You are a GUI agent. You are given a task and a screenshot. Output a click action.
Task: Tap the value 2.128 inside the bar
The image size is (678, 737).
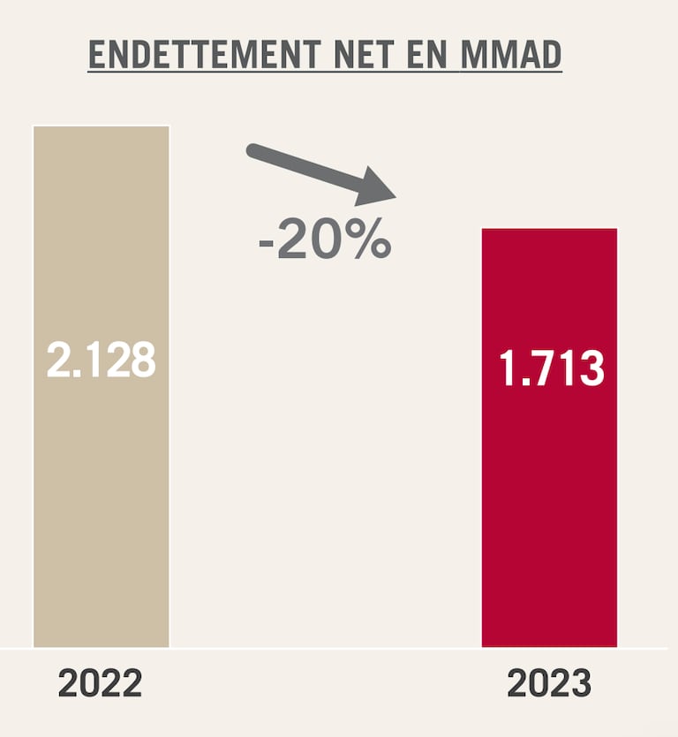tap(101, 360)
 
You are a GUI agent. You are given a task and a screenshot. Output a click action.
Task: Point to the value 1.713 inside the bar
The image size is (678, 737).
tap(551, 369)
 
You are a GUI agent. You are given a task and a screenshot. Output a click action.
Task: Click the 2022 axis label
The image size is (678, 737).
tap(100, 685)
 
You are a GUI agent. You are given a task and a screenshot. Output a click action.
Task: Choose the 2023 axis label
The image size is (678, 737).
tap(548, 685)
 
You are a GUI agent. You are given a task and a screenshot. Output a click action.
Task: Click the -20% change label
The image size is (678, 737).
tap(324, 241)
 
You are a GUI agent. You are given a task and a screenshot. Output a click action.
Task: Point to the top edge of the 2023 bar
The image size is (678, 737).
tap(548, 230)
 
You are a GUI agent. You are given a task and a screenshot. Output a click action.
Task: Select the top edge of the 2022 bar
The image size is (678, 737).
tap(101, 127)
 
